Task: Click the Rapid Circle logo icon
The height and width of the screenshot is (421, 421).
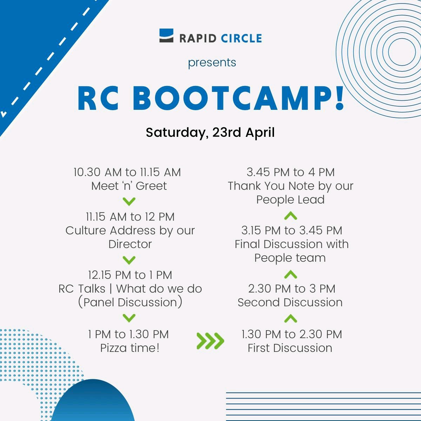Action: [x=166, y=36]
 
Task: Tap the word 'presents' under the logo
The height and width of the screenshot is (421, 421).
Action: [x=212, y=62]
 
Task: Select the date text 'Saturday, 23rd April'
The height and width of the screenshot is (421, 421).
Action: [x=210, y=132]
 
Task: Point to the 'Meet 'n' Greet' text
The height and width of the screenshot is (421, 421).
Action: [x=129, y=186]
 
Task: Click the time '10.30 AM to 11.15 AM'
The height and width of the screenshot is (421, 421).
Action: [x=127, y=172]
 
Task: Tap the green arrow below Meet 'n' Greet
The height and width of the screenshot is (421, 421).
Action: [x=129, y=201]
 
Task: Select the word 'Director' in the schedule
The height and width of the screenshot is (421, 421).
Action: [x=130, y=244]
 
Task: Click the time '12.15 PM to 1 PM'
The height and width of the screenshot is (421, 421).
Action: [x=130, y=275]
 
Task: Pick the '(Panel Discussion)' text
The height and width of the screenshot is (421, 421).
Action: [x=130, y=302]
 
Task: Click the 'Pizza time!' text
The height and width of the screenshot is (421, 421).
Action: [x=130, y=348]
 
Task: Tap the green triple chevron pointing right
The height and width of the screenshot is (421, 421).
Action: [x=210, y=341]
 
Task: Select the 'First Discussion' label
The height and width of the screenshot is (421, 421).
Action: [x=290, y=348]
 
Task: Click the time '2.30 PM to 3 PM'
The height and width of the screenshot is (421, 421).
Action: [x=292, y=289]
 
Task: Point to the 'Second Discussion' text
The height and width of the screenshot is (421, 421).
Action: [x=290, y=302]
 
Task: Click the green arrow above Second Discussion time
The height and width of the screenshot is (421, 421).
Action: [x=290, y=274]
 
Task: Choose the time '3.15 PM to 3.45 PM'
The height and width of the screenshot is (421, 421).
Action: [x=292, y=230]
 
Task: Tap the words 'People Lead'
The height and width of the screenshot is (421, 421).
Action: [x=290, y=200]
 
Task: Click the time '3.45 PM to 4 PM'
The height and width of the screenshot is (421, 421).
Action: [x=290, y=172]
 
